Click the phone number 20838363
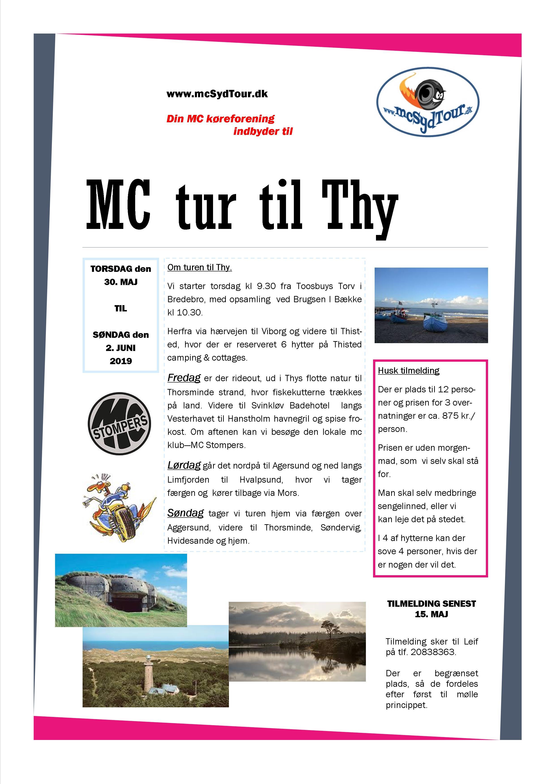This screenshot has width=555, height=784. [x=433, y=652]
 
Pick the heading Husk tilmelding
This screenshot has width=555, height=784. [x=408, y=370]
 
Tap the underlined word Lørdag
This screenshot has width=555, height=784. [x=184, y=465]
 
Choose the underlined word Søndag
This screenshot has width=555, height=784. [x=185, y=513]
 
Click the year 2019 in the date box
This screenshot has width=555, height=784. [x=121, y=361]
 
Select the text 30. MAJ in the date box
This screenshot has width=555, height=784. [x=121, y=282]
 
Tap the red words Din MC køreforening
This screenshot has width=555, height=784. [x=220, y=119]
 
